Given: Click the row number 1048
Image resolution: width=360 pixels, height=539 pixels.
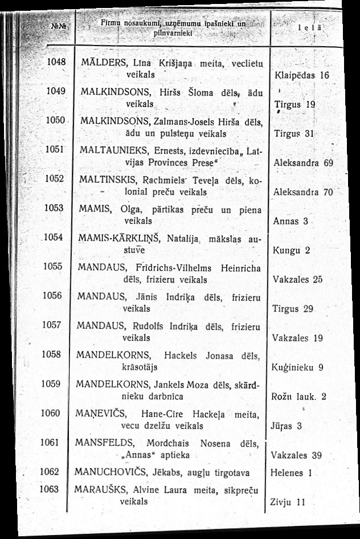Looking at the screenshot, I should pyautogui.click(x=57, y=61).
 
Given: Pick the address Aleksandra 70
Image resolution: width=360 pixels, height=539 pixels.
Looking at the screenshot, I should pyautogui.click(x=303, y=192).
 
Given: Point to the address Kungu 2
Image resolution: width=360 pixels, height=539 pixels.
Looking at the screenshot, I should pyautogui.click(x=291, y=250).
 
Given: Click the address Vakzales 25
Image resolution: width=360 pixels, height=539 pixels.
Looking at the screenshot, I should pyautogui.click(x=298, y=279).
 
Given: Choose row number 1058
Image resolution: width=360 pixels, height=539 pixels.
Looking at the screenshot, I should pyautogui.click(x=51, y=354).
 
